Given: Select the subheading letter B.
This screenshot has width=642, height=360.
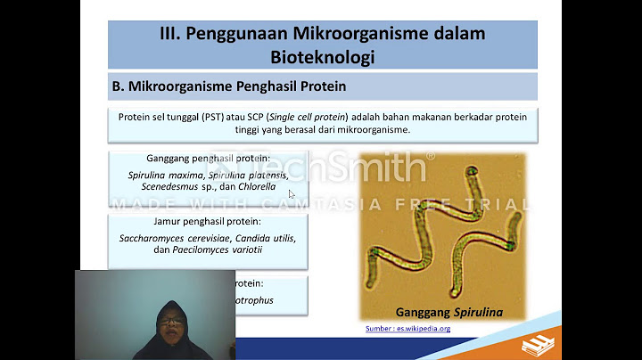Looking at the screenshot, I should (117, 87).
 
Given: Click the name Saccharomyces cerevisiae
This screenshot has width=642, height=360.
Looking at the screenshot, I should (175, 238).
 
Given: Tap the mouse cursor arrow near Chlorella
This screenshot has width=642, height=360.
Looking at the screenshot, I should (292, 193).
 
